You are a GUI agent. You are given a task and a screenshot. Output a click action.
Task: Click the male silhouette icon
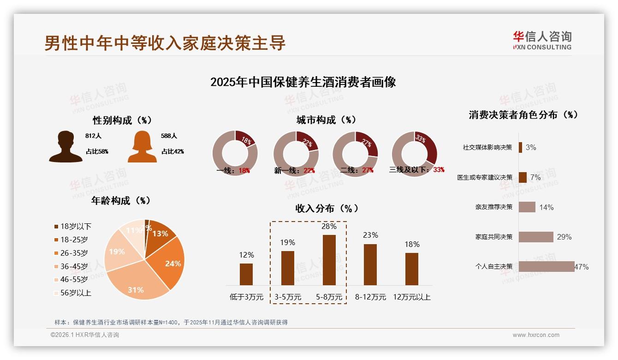tap(65, 147)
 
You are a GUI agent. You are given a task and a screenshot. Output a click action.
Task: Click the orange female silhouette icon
tap(142, 147)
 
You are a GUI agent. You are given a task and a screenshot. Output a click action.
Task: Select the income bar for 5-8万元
tap(329, 260)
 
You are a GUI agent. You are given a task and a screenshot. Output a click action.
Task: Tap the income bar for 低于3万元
tap(246, 274)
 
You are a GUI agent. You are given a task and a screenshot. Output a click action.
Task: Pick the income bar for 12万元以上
tap(411, 269)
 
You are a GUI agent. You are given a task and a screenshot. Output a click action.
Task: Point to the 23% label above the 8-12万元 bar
tap(370, 235)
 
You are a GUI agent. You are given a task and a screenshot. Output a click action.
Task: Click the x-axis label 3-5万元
tap(287, 297)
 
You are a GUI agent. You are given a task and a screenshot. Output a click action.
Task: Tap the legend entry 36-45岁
tap(74, 266)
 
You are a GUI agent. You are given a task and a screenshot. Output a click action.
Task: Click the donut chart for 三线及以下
tap(414, 154)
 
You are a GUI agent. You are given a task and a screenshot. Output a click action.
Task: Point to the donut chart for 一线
tap(235, 154)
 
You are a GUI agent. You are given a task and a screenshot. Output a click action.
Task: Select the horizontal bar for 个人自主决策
tap(547, 267)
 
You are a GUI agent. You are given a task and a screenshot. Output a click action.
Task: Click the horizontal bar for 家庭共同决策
tap(536, 237)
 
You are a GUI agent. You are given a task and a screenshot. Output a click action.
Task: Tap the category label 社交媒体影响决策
tap(487, 148)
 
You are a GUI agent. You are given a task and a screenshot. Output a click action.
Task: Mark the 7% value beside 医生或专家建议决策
tap(535, 178)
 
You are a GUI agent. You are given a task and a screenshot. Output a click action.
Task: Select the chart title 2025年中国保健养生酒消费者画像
tap(303, 83)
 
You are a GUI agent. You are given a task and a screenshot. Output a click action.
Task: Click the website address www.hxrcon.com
tap(536, 335)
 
